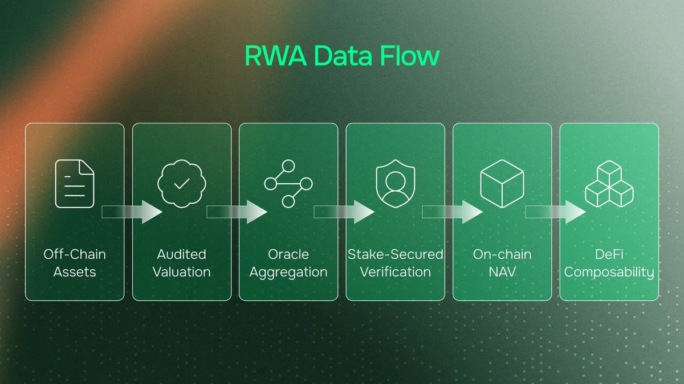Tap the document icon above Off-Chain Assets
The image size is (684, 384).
click(x=75, y=183)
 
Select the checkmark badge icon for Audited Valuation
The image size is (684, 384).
click(x=182, y=183)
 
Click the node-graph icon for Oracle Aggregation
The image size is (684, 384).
click(x=288, y=183)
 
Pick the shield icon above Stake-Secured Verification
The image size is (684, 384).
click(x=396, y=183)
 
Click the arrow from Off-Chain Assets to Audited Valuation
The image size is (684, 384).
click(x=132, y=212)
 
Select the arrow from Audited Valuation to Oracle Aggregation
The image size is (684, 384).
click(x=237, y=212)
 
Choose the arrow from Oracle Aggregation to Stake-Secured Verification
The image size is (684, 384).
click(x=344, y=212)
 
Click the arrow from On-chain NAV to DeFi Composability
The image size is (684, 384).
click(x=556, y=212)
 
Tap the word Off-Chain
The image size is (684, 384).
click(x=75, y=254)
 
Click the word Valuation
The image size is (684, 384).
click(x=182, y=272)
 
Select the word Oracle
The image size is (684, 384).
click(x=288, y=254)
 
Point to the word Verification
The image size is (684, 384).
click(x=396, y=272)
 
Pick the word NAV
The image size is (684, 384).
click(x=502, y=272)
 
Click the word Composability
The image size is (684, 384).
click(x=609, y=272)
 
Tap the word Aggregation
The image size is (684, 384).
click(x=288, y=272)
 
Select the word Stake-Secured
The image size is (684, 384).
click(x=396, y=254)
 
